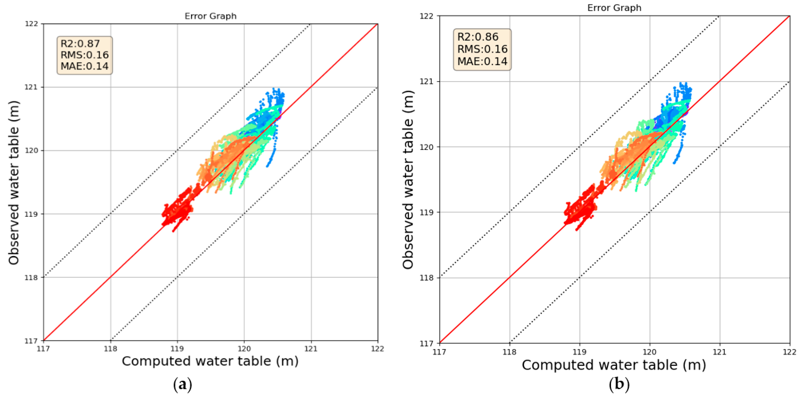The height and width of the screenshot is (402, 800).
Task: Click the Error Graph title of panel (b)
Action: pyautogui.click(x=614, y=8)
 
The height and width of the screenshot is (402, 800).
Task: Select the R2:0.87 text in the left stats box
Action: pyautogui.click(x=80, y=43)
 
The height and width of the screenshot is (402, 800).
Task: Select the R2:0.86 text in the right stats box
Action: pyautogui.click(x=478, y=37)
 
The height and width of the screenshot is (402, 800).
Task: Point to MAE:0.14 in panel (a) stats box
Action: pyautogui.click(x=84, y=66)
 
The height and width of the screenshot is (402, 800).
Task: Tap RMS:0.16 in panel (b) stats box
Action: pyautogui.click(x=482, y=49)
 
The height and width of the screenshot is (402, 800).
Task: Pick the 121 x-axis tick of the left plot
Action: pyautogui.click(x=311, y=349)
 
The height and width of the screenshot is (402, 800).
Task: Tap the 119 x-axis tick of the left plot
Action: pyautogui.click(x=177, y=349)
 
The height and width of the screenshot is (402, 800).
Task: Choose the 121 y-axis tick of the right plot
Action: pyautogui.click(x=426, y=81)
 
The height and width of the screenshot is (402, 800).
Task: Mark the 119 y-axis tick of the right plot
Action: pyautogui.click(x=426, y=212)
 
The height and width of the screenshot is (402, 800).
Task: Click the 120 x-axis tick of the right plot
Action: pyautogui.click(x=649, y=352)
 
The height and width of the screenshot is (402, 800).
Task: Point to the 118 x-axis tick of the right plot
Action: pyautogui.click(x=509, y=352)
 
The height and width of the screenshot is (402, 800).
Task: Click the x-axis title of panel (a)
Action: pyautogui.click(x=210, y=361)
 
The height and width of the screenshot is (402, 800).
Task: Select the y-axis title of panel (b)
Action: pyautogui.click(x=408, y=180)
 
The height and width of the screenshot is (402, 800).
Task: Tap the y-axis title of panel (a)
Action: pyautogui.click(x=14, y=183)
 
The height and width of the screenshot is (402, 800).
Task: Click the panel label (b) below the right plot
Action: pyautogui.click(x=619, y=384)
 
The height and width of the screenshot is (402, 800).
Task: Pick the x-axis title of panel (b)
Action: pyautogui.click(x=614, y=365)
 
